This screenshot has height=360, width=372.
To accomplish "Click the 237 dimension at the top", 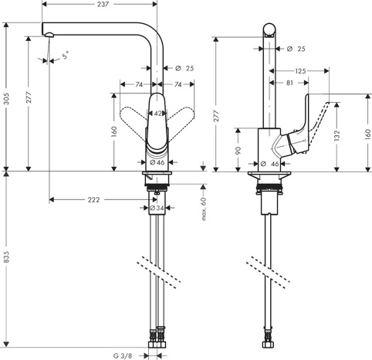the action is tap(103, 4).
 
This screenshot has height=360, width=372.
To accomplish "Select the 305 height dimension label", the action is tap(6, 99).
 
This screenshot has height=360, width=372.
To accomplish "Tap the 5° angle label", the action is tap(66, 55).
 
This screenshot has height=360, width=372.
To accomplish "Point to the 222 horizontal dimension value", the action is tap(93, 200).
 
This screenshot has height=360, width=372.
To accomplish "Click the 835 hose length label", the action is tap(6, 256).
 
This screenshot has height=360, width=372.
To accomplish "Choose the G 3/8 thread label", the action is tap(123, 356).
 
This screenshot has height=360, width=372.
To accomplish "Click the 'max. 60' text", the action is tap(204, 209).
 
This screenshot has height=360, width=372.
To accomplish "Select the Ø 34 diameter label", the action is tap(157, 208).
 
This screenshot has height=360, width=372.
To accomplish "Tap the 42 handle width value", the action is tap(159, 114).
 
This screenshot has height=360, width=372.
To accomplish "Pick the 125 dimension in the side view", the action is tap(300, 71).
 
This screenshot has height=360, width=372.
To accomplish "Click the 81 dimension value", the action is tap(289, 83).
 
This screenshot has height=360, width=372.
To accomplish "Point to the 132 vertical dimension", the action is tap(336, 136).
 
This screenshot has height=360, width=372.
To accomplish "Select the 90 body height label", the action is tap(238, 151).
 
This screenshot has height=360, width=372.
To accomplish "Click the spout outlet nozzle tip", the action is tap(49, 35).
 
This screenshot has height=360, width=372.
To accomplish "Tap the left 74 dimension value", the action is tap(139, 84).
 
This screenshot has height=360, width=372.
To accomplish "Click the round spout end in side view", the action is tap(269, 29).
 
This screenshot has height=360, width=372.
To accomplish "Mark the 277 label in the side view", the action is tap(216, 116).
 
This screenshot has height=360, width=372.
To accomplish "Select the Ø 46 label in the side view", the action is tap(269, 164).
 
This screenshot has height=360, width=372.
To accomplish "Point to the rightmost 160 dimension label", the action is tap(368, 134).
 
